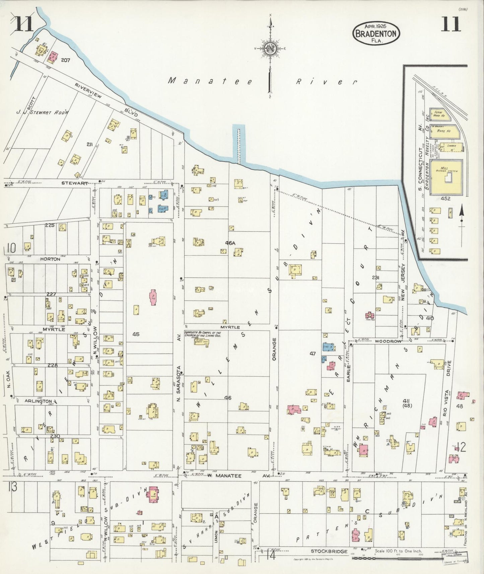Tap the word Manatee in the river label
[x=210, y=81]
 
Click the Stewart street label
[x=79, y=183]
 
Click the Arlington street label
[x=38, y=401]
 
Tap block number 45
[x=136, y=334]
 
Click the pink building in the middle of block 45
[x=153, y=297]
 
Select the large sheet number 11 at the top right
[x=451, y=24]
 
